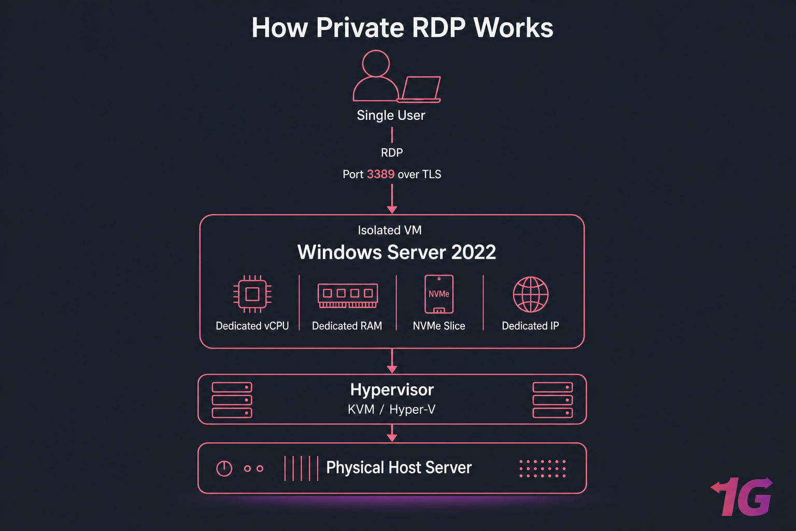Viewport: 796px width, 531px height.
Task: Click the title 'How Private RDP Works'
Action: [402, 28]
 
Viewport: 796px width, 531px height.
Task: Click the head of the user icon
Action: [376, 63]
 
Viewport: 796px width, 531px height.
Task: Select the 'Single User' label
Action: [391, 115]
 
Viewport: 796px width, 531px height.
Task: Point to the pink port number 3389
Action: [380, 174]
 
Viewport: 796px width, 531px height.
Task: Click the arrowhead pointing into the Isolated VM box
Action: [392, 209]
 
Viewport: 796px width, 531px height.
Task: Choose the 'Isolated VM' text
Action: [390, 230]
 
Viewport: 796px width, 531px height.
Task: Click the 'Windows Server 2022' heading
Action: [396, 253]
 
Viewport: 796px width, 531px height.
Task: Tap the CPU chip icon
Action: [252, 294]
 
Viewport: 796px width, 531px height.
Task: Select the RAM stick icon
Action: [348, 295]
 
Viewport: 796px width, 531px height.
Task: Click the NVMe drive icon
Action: [439, 294]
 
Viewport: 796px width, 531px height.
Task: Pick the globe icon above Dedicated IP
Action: [531, 294]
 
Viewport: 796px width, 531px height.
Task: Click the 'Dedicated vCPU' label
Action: [252, 326]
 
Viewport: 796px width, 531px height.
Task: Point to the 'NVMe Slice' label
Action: [439, 326]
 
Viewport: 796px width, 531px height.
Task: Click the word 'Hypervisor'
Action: [392, 389]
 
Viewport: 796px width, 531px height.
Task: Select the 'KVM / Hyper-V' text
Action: [392, 410]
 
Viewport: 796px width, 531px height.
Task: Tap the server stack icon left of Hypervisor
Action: [232, 400]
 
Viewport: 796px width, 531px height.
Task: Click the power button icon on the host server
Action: [224, 468]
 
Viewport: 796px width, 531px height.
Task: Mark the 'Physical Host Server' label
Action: [399, 468]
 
